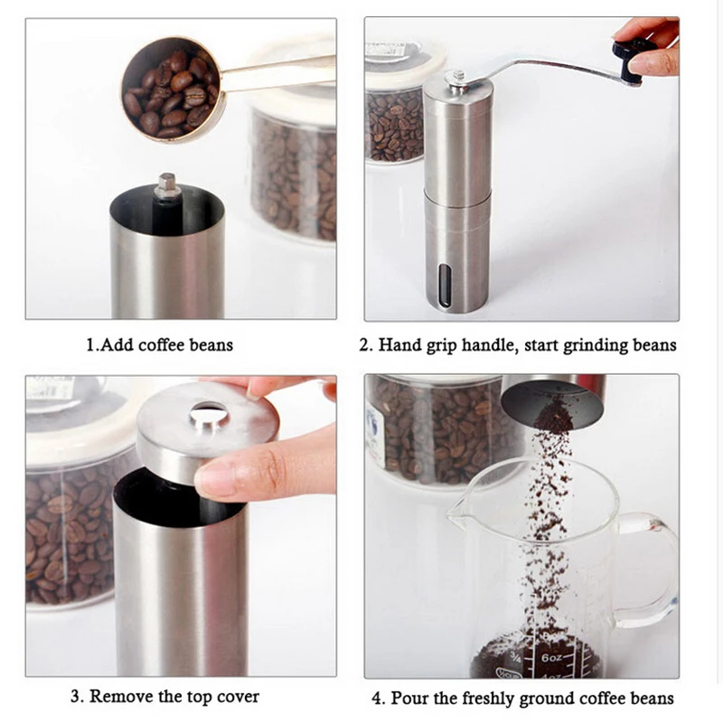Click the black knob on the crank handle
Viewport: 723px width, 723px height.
pyautogui.click(x=629, y=60)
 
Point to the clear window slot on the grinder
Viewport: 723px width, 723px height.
pyautogui.click(x=445, y=286)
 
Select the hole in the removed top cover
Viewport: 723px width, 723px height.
pyautogui.click(x=210, y=413)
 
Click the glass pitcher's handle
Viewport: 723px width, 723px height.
pyautogui.click(x=650, y=568)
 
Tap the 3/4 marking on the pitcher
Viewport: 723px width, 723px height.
pyautogui.click(x=515, y=657)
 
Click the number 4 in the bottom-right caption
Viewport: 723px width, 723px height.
pyautogui.click(x=377, y=699)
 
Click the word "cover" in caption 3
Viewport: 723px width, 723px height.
pyautogui.click(x=238, y=697)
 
